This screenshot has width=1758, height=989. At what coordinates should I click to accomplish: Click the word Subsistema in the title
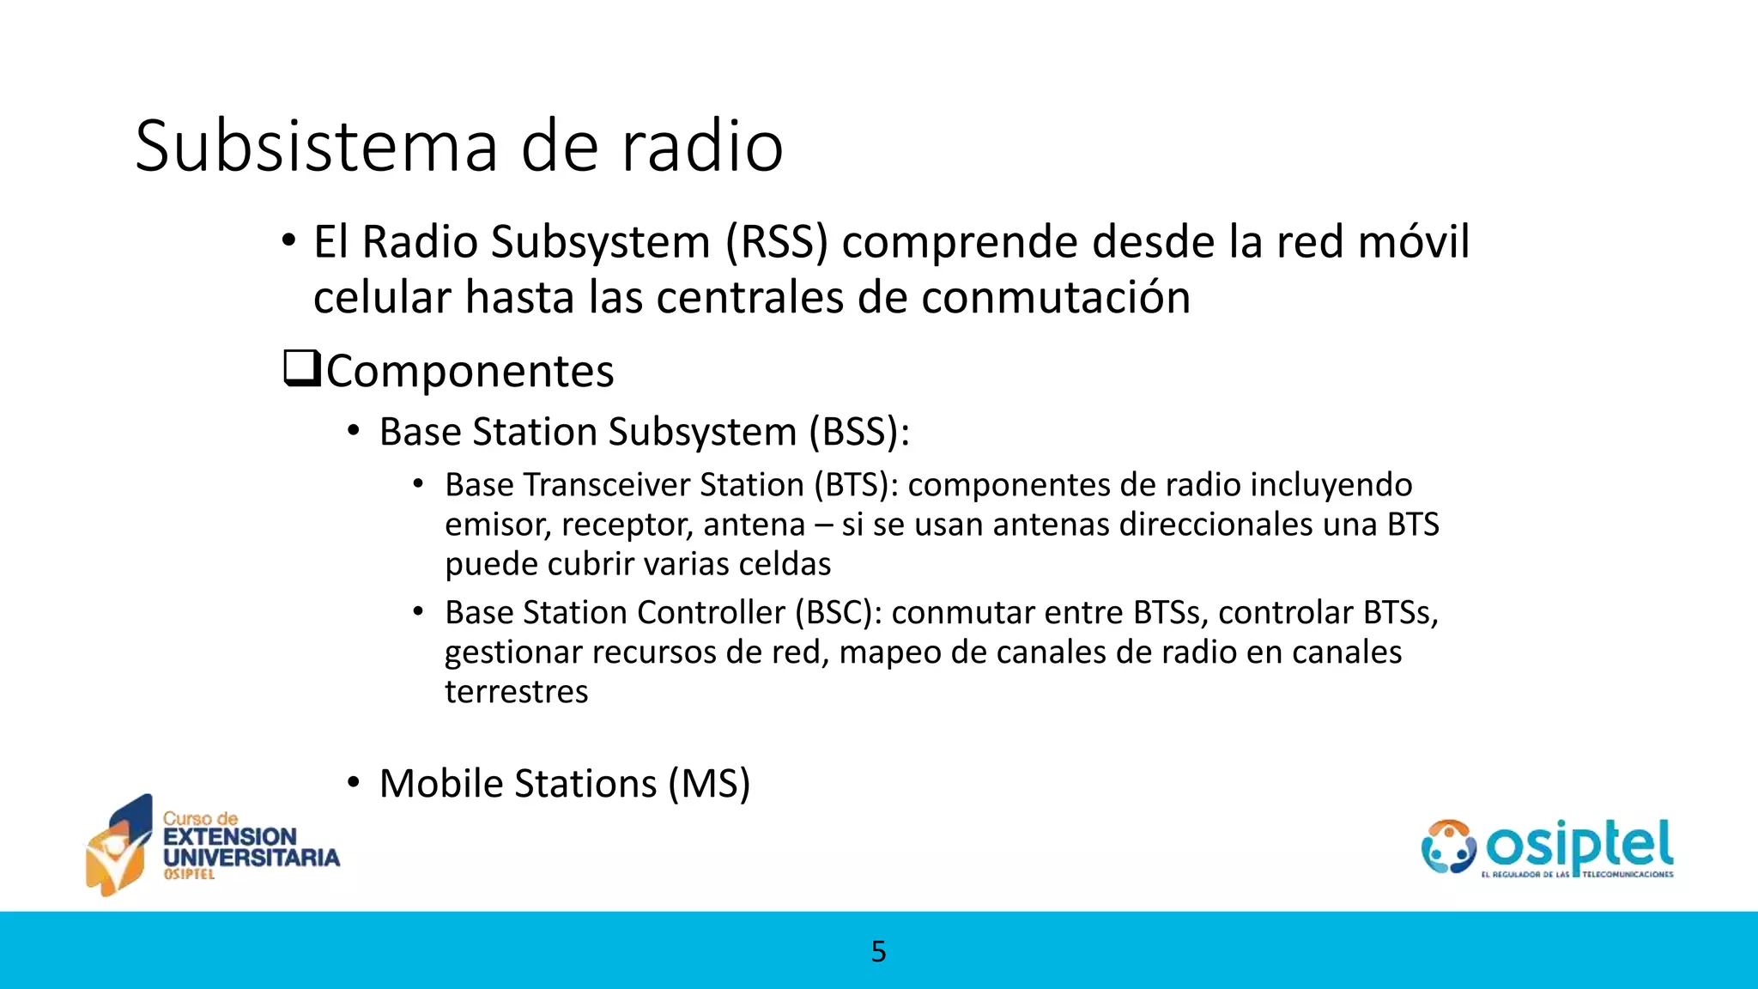(x=316, y=146)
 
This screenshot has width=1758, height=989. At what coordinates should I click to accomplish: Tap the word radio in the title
(x=702, y=146)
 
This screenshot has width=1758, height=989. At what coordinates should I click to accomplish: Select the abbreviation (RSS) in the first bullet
(x=777, y=241)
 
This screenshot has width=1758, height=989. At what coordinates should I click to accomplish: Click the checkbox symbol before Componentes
(x=301, y=368)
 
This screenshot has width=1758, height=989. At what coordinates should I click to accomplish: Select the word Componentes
(x=470, y=372)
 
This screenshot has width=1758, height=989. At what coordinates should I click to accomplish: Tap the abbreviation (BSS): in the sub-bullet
(x=858, y=432)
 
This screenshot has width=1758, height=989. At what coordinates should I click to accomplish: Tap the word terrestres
(x=516, y=692)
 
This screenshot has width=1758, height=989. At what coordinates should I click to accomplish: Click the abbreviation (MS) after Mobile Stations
(x=709, y=784)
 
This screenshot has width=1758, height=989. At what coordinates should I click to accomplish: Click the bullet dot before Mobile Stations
(x=354, y=783)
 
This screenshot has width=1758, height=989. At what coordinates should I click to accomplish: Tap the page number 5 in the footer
(x=878, y=951)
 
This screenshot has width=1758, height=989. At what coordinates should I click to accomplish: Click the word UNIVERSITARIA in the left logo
(x=252, y=857)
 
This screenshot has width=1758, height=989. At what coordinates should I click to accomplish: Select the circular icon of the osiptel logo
(x=1447, y=846)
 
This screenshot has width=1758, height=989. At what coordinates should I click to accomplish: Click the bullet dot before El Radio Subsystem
(x=288, y=240)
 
